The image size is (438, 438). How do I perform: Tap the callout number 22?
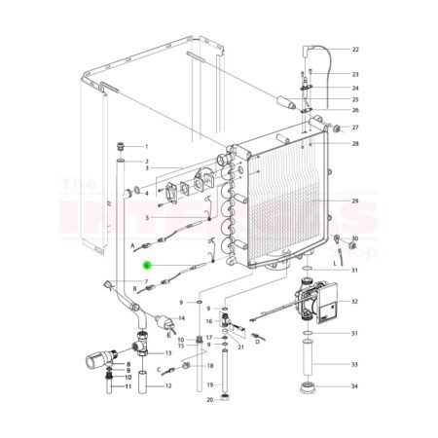pyautogui.click(x=355, y=49)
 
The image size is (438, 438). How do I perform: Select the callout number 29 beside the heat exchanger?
pyautogui.click(x=355, y=201)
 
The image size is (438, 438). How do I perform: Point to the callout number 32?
pyautogui.click(x=355, y=303)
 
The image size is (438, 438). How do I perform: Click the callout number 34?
pyautogui.click(x=355, y=387)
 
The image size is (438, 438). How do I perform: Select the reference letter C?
pyautogui.click(x=158, y=370)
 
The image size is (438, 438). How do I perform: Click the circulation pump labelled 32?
pyautogui.click(x=316, y=303)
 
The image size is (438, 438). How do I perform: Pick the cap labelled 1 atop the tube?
pyautogui.click(x=120, y=144)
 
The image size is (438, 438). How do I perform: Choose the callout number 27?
pyautogui.click(x=355, y=128)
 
